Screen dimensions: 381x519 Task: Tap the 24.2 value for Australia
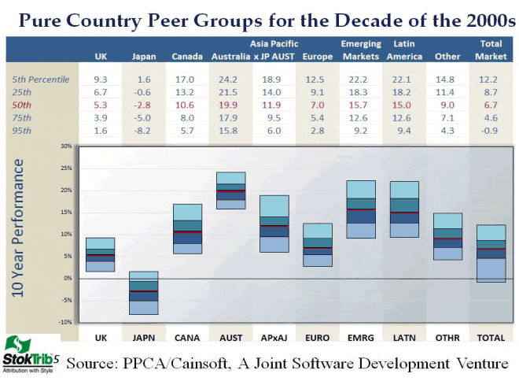[x=230, y=80]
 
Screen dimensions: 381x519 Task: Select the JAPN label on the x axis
[x=143, y=337]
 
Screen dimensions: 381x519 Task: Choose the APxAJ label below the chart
[x=273, y=337]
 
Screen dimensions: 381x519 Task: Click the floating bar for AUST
[x=230, y=190]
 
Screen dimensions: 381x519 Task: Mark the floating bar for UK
[x=100, y=254]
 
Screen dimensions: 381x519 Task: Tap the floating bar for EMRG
[x=360, y=209]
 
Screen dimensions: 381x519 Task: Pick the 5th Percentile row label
[x=41, y=80]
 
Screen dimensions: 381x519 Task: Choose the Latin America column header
[x=403, y=50]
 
